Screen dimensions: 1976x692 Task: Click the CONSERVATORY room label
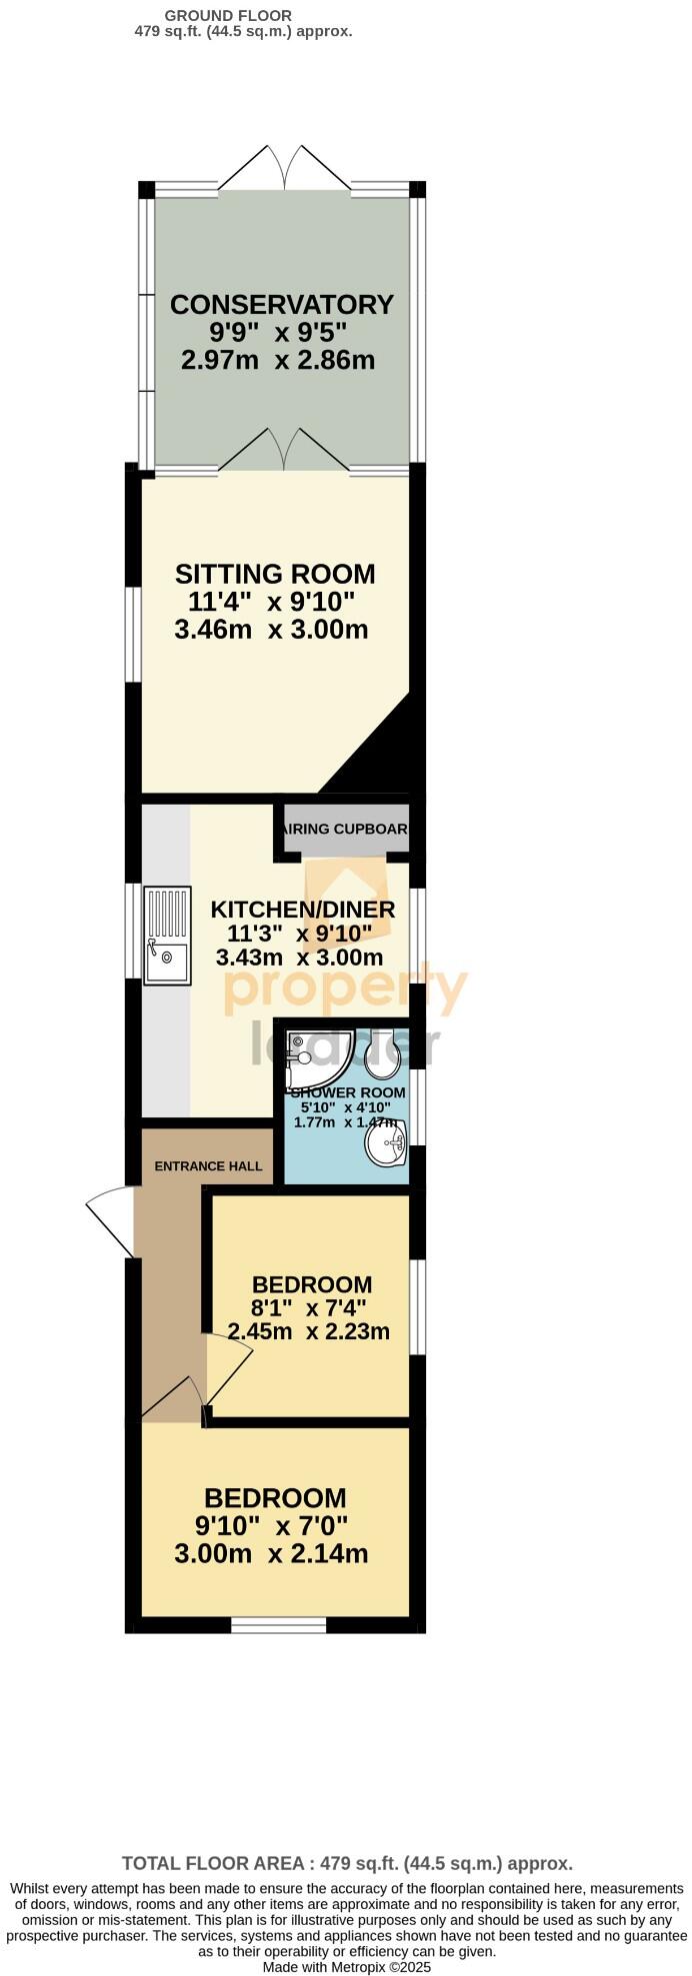[x=282, y=305]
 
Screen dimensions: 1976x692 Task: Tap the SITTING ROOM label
[x=275, y=575]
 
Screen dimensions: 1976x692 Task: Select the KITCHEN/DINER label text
[x=303, y=910]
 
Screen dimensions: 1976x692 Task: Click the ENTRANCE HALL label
[x=208, y=1165]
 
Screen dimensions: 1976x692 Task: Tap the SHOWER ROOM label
[x=347, y=1092]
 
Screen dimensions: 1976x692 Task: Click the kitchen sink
[x=167, y=936]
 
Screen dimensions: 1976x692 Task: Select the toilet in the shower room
[x=382, y=1051]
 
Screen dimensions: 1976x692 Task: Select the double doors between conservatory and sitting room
[x=285, y=451]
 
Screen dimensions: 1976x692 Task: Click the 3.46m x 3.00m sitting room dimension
[x=271, y=630]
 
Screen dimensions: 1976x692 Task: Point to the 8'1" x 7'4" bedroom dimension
[x=309, y=1307]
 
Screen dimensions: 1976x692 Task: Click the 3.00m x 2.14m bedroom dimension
[x=271, y=1554]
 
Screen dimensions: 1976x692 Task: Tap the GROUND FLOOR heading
[x=228, y=16]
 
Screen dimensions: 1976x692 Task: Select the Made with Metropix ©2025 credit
[x=346, y=1966]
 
